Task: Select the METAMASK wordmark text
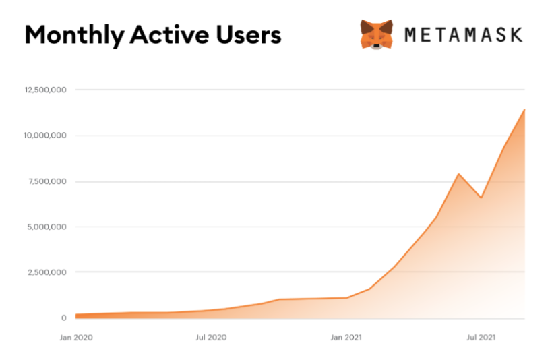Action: click(463, 34)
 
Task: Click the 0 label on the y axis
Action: click(64, 318)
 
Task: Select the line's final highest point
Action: click(524, 109)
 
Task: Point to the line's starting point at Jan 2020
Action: click(76, 315)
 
